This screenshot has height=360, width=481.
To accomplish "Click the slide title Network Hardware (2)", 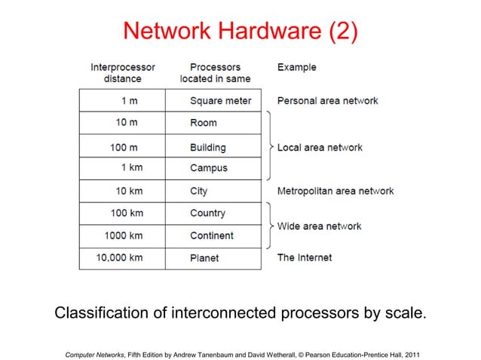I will pyautogui.click(x=240, y=31).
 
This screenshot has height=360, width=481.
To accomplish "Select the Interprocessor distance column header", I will pyautogui.click(x=123, y=72).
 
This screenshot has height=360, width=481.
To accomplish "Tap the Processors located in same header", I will pyautogui.click(x=215, y=72).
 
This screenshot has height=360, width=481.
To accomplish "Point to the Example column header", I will pyautogui.click(x=297, y=67).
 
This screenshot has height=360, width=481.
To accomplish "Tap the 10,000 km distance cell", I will pyautogui.click(x=119, y=258).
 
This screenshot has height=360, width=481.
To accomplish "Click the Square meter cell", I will pyautogui.click(x=220, y=100).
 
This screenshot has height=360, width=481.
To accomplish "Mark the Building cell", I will pyautogui.click(x=207, y=147).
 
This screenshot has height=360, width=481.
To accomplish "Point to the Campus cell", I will pyautogui.click(x=208, y=168).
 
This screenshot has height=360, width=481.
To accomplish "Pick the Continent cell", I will pyautogui.click(x=211, y=235).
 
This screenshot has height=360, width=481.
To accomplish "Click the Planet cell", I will pyautogui.click(x=204, y=258).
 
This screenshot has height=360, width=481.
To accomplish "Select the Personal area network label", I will pyautogui.click(x=327, y=100).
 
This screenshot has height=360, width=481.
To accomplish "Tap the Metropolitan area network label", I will pyautogui.click(x=335, y=191).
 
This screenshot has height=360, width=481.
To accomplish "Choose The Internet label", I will pyautogui.click(x=305, y=258).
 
